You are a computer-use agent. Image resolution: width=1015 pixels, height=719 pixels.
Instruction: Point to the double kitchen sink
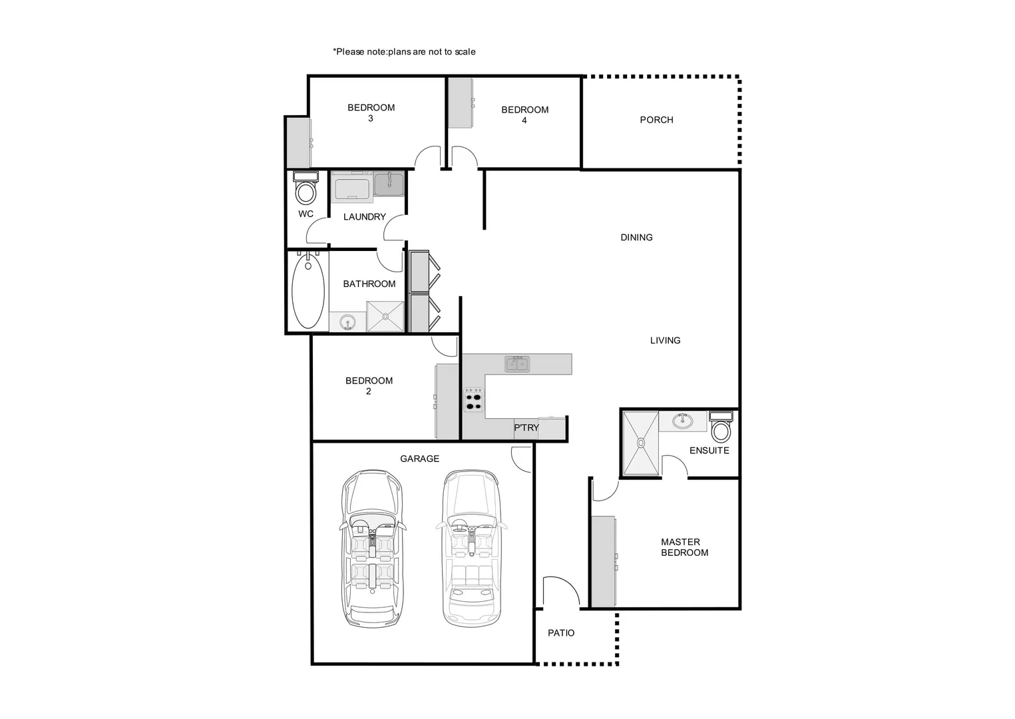517,363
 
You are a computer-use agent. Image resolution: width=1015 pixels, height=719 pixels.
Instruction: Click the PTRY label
526,427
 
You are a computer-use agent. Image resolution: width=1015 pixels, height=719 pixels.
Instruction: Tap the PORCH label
656,120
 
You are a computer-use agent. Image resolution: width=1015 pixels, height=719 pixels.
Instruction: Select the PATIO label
561,633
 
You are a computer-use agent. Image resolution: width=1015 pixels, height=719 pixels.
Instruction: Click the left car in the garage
372,549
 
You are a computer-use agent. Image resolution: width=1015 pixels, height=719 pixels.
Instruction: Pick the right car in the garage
471,549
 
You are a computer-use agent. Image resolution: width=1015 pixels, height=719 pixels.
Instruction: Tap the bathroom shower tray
385,316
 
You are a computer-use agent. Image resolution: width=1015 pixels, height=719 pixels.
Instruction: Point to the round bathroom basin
347,323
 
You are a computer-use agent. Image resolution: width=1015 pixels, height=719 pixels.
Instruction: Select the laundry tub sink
388,183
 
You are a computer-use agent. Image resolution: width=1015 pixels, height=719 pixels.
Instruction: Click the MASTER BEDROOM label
684,547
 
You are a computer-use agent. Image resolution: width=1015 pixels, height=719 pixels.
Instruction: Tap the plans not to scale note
404,52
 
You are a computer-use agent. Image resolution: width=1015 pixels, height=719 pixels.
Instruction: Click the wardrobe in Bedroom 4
460,103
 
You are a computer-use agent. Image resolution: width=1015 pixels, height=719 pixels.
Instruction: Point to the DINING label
636,238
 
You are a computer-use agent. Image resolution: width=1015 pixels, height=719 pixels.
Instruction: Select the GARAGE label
419,459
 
